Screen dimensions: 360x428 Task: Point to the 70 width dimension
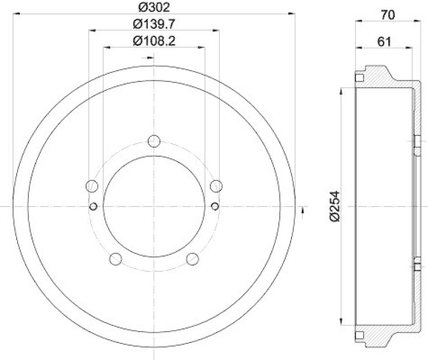click(x=388, y=15)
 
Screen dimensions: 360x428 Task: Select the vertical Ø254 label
click(x=335, y=205)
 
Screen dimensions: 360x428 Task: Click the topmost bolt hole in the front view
click(x=154, y=141)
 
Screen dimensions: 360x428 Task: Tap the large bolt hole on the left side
click(x=92, y=186)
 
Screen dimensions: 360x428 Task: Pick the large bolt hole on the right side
click(x=216, y=186)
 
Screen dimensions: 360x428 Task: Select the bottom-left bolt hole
click(x=116, y=259)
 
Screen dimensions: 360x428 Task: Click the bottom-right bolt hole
click(x=193, y=259)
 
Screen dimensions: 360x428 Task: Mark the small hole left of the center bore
click(x=94, y=206)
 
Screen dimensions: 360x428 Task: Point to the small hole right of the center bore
click(x=215, y=206)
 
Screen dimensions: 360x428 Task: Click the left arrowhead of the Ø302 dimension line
click(x=16, y=12)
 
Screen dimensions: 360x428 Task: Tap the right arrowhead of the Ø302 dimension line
click(x=293, y=12)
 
